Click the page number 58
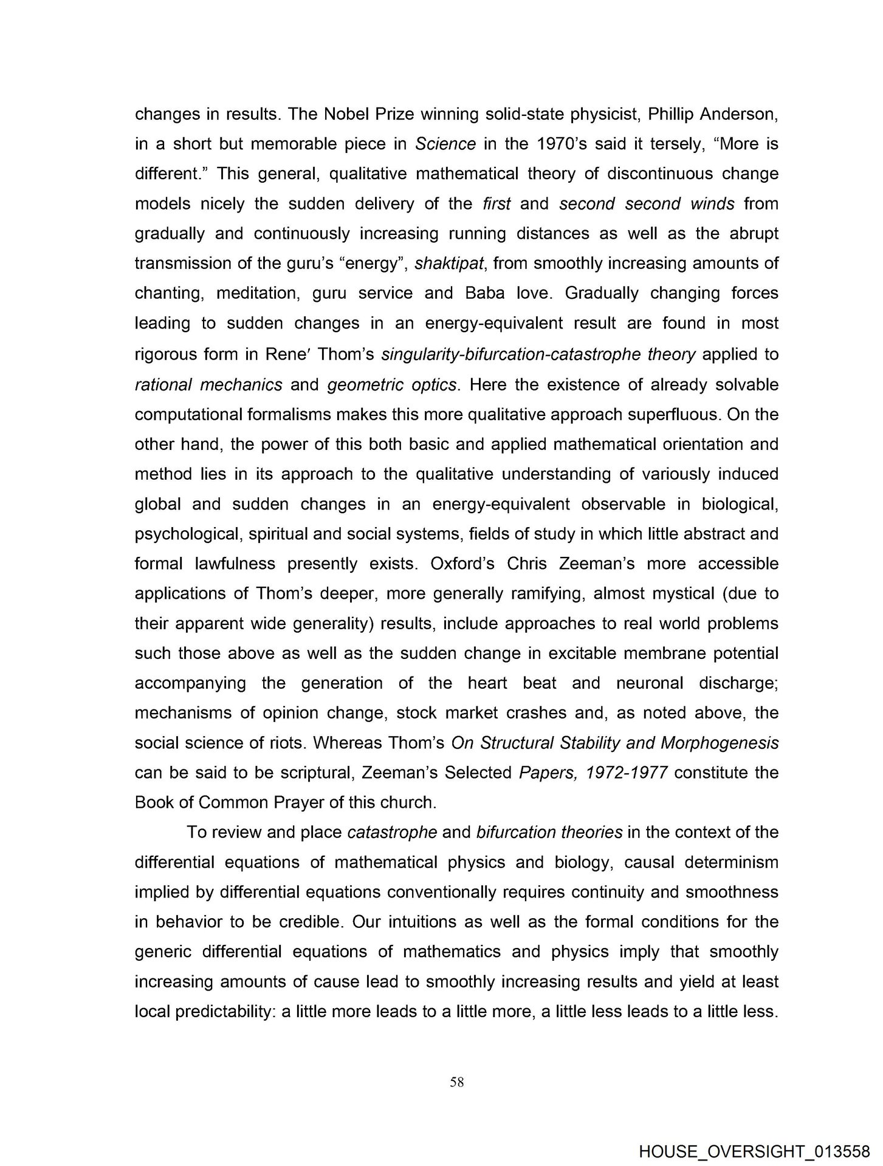pyautogui.click(x=457, y=1082)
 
